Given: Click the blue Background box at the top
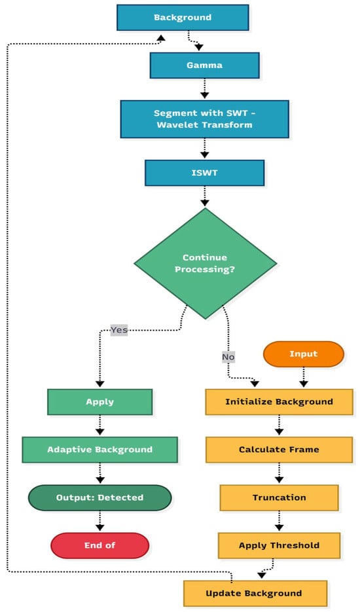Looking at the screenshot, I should (183, 18).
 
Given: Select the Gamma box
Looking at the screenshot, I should (204, 65).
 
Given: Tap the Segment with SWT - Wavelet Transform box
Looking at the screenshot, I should (205, 118).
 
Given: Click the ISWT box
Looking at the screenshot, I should (204, 173).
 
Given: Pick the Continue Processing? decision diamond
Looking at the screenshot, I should (205, 264).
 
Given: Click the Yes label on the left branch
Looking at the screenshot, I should (119, 329).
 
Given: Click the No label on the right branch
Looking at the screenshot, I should (228, 357).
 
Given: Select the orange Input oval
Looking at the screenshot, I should (303, 354).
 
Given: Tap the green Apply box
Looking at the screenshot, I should (99, 401).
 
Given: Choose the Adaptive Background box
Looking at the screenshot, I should (99, 450).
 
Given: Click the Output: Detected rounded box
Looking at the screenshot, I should (99, 497).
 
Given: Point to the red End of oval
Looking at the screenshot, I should (99, 545).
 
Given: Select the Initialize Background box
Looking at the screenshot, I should (279, 401).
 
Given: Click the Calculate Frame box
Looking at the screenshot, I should (279, 450).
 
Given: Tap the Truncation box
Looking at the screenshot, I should (279, 497).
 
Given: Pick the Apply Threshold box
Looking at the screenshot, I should (279, 545).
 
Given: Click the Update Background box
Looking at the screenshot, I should (254, 593).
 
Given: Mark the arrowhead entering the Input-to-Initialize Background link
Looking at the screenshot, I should (303, 384).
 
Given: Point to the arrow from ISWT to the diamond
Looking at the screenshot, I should (205, 197).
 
